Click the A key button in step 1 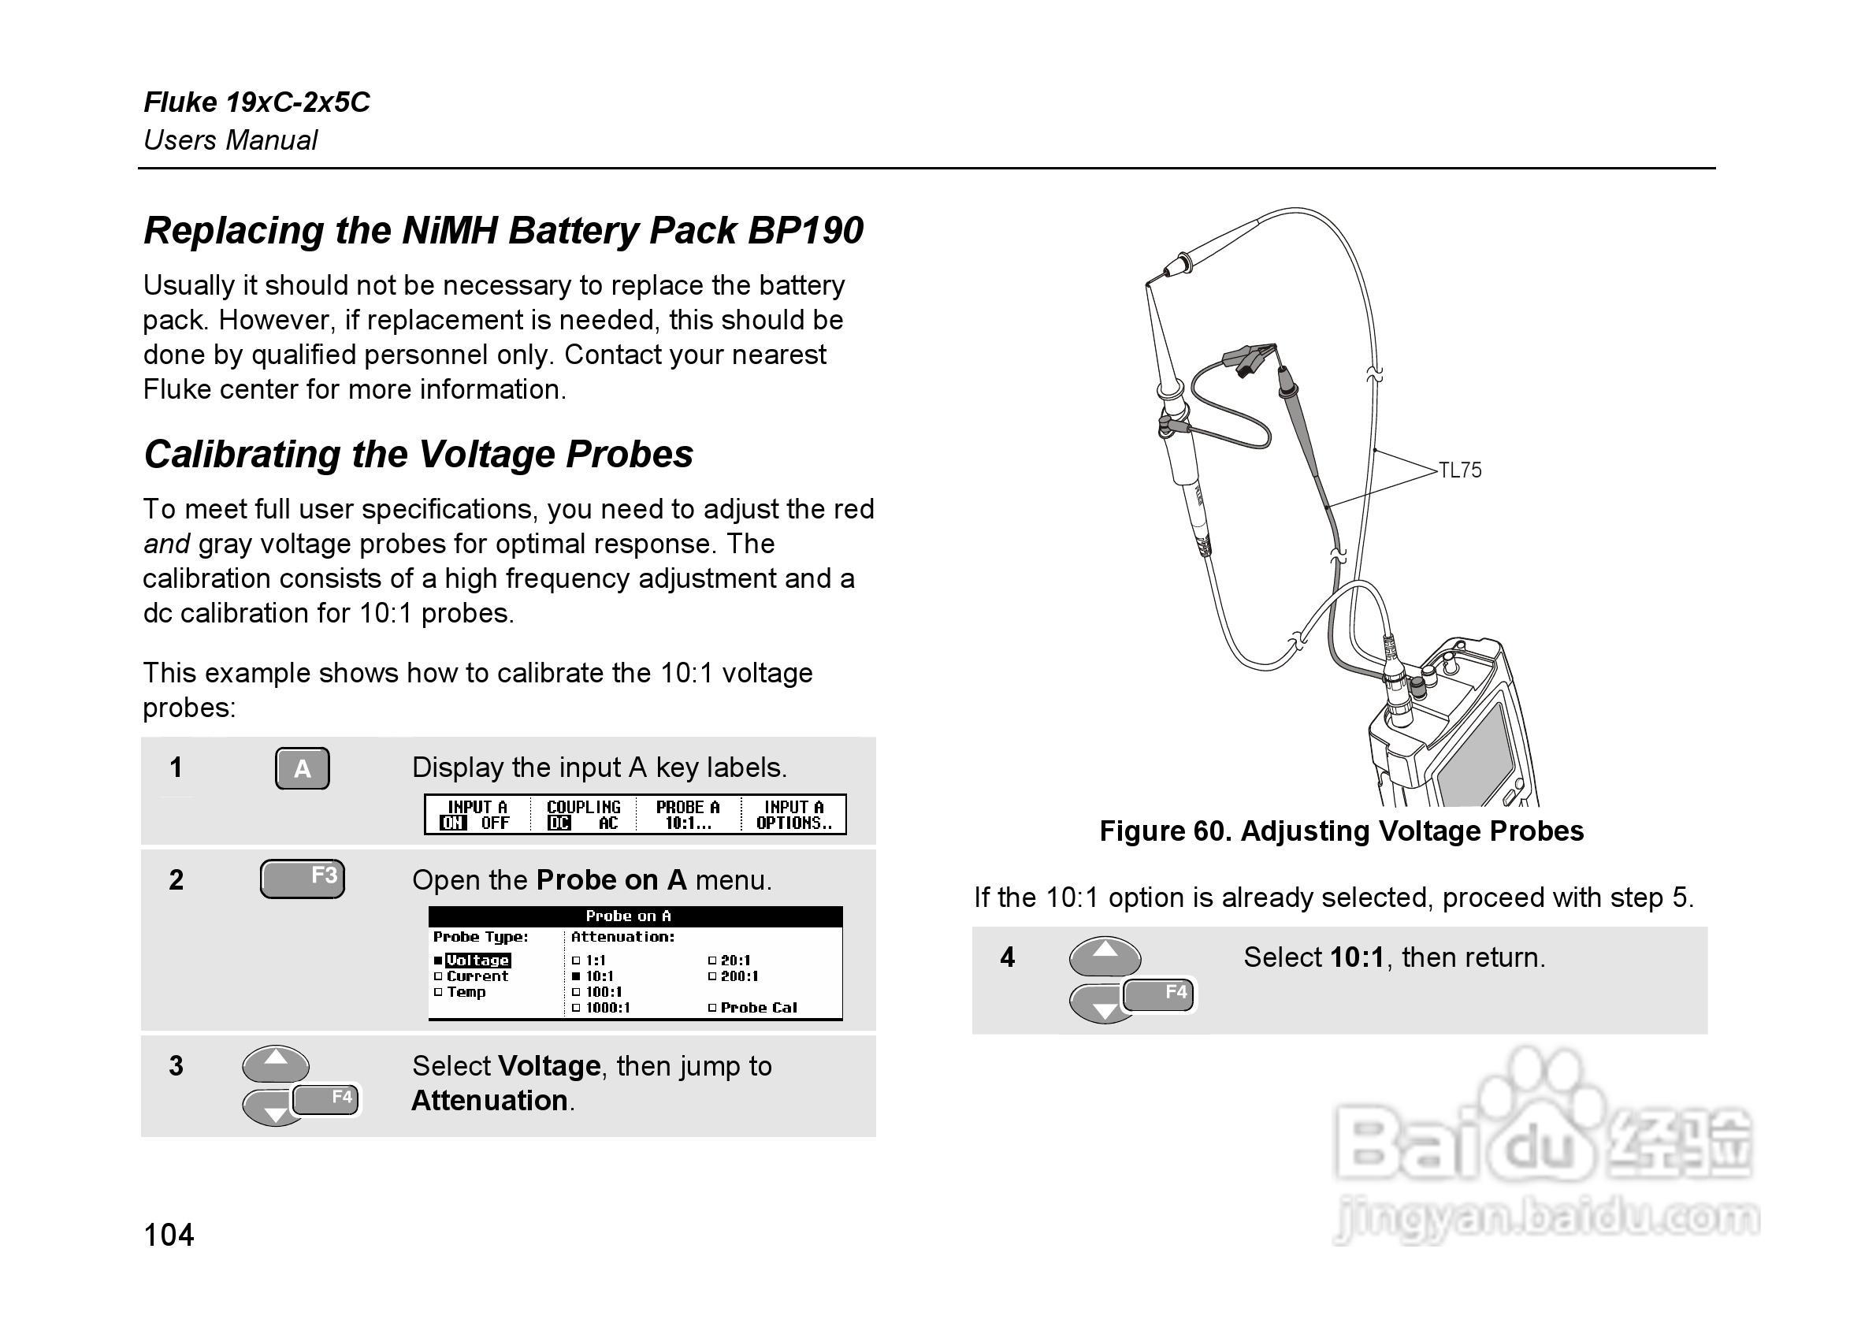coord(302,768)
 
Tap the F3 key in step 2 coord(303,879)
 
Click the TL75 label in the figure coord(1459,470)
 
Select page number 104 coord(169,1235)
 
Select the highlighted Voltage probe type coord(478,961)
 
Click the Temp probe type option coord(466,992)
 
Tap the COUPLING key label coord(583,815)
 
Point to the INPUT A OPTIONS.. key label coord(793,815)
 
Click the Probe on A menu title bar coord(635,916)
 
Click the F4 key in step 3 coord(327,1099)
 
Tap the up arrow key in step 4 coord(1105,953)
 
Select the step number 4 coord(1007,957)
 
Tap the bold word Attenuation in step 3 coord(489,1101)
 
